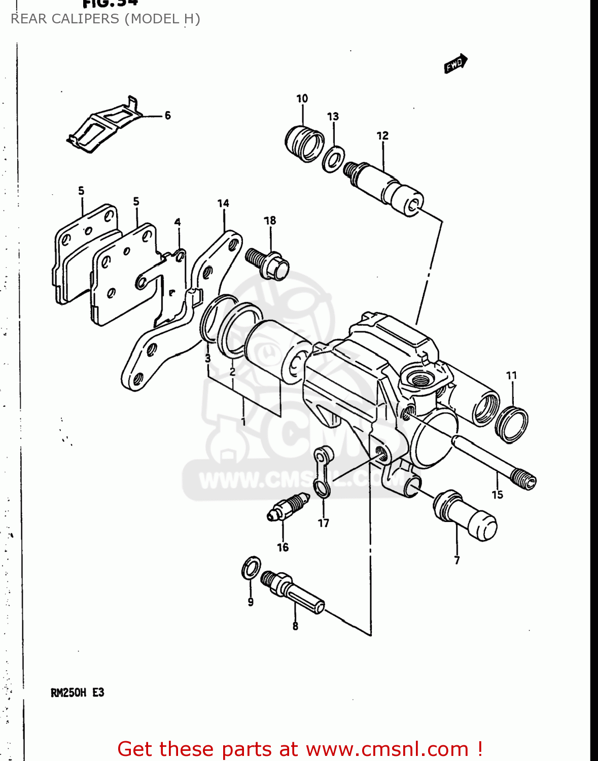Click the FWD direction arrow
pyautogui.click(x=455, y=64)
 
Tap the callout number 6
pyautogui.click(x=167, y=116)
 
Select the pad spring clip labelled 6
pyautogui.click(x=104, y=125)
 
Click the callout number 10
pyautogui.click(x=302, y=98)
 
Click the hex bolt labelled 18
pyautogui.click(x=268, y=263)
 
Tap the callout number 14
pyautogui.click(x=223, y=203)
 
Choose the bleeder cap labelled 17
pyautogui.click(x=322, y=471)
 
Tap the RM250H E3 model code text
pyautogui.click(x=77, y=693)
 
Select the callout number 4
pyautogui.click(x=178, y=222)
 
